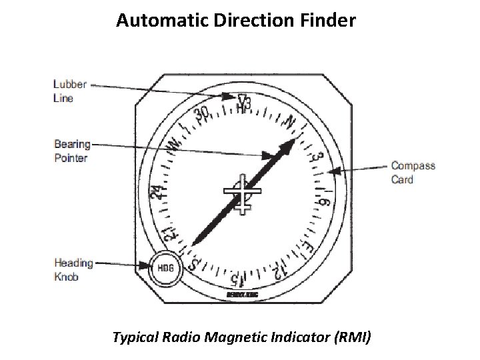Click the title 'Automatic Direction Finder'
[x=236, y=21]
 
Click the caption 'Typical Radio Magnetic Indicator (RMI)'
[x=243, y=339]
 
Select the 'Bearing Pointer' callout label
[x=71, y=151]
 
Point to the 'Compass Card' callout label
[x=413, y=172]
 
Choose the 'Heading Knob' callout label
[x=73, y=270]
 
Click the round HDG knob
[x=167, y=269]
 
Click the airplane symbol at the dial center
[x=243, y=193]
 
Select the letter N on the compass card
[x=290, y=122]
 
